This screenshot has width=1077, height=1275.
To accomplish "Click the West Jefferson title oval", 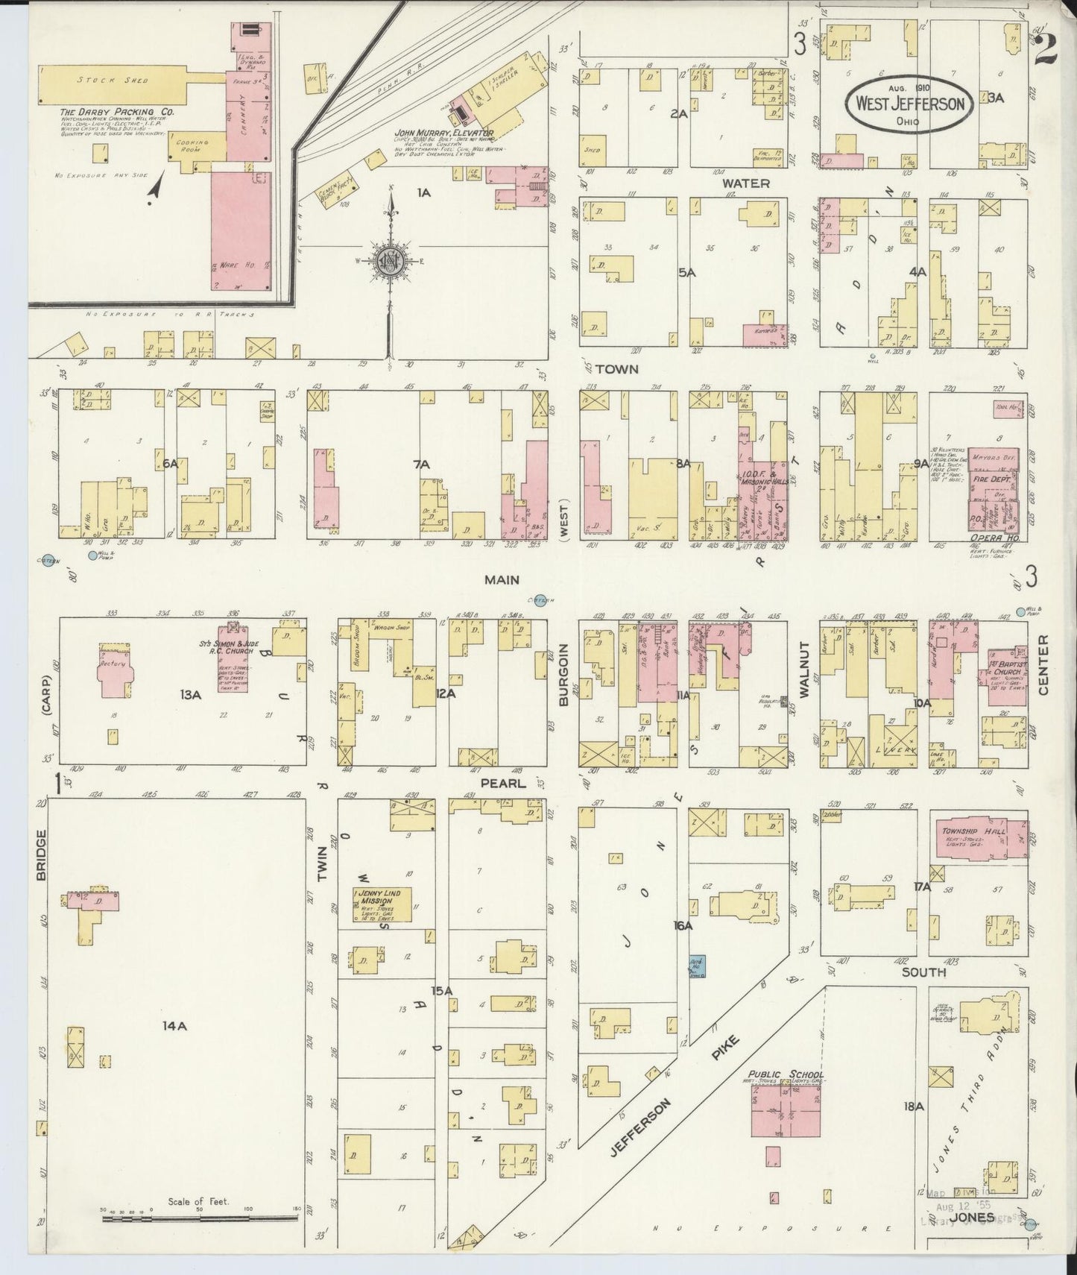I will [910, 104].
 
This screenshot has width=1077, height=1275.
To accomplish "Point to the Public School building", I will [786, 1110].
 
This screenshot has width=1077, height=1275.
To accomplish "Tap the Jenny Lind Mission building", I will [382, 903].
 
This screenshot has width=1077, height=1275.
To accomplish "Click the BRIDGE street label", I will [41, 854].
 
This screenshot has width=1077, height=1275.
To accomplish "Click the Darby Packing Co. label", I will [118, 111].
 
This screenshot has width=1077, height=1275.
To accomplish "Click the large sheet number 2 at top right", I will [1047, 51].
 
